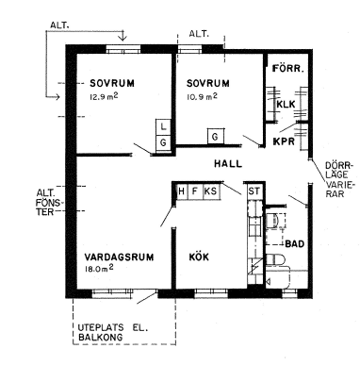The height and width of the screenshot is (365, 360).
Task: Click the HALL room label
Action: click(228, 164)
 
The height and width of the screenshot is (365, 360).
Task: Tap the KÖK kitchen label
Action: click(199, 257)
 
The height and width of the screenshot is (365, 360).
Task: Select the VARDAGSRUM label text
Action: click(119, 257)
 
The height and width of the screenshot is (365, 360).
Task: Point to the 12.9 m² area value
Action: click(104, 96)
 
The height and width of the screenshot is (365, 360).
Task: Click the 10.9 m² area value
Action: click(202, 96)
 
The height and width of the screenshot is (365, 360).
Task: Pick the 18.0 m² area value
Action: click(99, 269)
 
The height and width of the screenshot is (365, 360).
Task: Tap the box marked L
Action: click(163, 127)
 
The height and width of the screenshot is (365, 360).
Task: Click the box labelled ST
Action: click(254, 191)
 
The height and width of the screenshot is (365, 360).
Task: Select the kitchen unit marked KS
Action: click(210, 191)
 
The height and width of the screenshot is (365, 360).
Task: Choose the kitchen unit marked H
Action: click(181, 191)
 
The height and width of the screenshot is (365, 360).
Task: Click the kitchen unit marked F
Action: click(195, 191)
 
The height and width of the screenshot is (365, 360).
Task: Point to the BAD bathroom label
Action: click(295, 243)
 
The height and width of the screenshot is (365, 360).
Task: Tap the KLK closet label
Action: click(286, 104)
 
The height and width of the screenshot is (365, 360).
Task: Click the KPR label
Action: click(284, 141)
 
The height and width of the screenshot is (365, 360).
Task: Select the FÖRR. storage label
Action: click(288, 68)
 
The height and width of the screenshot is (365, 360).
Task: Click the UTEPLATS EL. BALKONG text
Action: click(112, 332)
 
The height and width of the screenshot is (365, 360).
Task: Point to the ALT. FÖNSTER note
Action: click(45, 202)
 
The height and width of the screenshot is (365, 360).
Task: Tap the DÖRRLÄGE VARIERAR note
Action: click(339, 179)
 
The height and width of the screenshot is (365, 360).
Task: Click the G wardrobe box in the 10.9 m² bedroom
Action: click(216, 137)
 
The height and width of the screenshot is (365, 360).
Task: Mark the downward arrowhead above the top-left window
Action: click(123, 38)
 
